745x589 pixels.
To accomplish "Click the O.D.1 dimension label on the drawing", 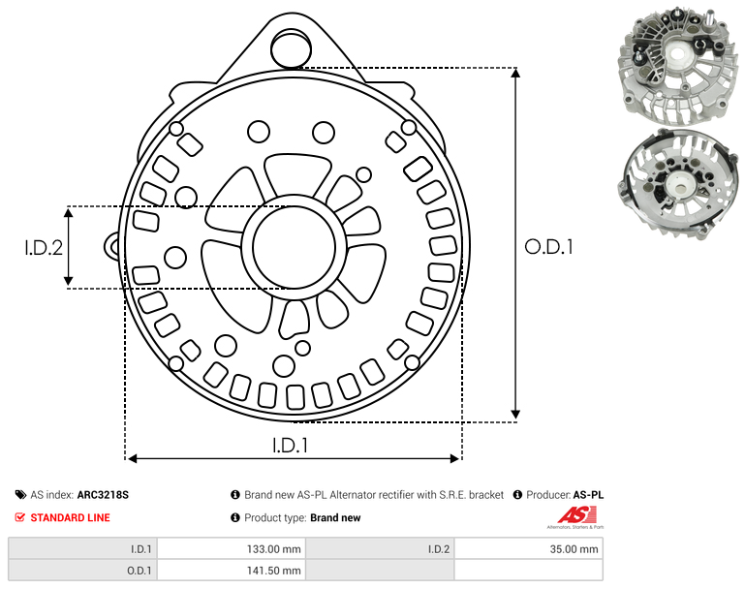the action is coord(548,247).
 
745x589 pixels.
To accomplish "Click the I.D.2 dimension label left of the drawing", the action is coord(44,248).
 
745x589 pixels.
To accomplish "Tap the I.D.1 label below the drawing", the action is coord(291,446).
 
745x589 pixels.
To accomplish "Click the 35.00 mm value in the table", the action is coord(574,549).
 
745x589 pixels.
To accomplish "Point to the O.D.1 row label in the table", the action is coord(139,571).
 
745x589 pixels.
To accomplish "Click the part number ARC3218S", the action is coord(103,495).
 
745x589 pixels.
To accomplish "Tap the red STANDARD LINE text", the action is coord(71,517).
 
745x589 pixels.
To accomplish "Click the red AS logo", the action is coord(577,515).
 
